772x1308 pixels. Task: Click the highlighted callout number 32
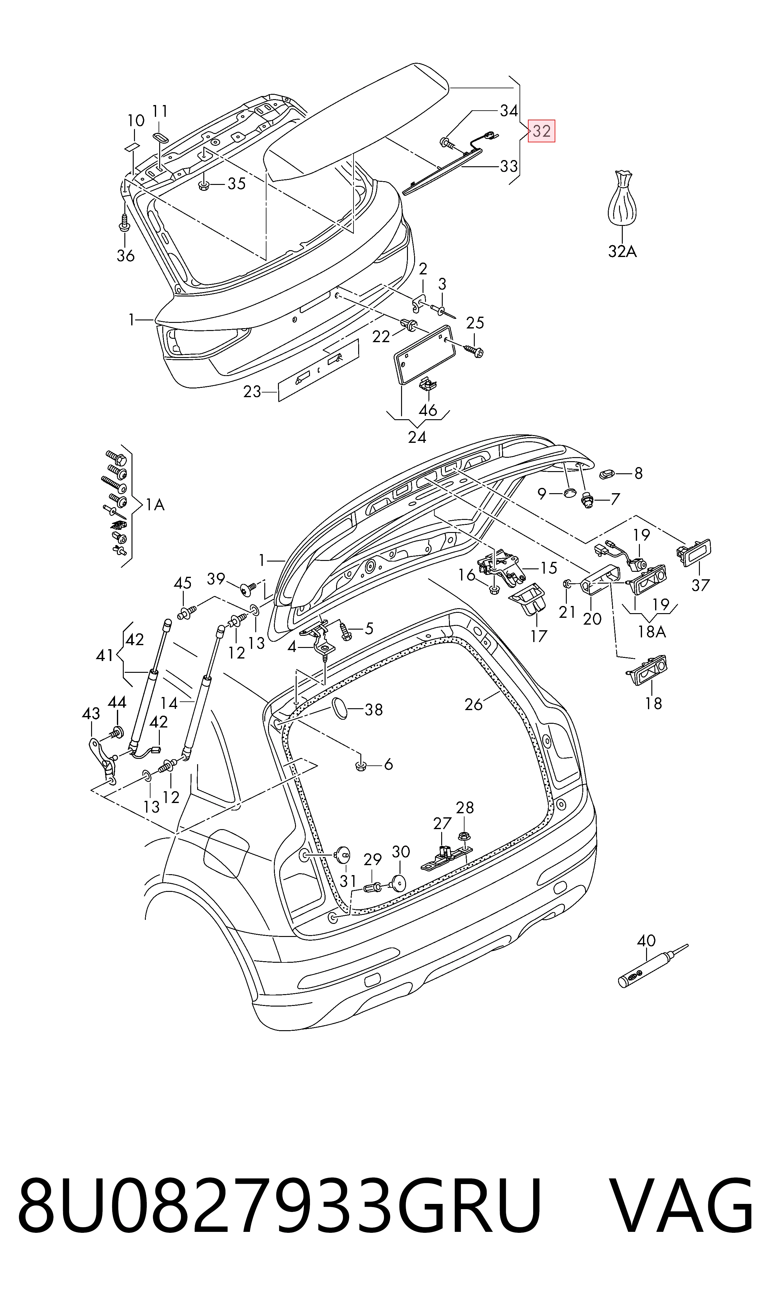tap(542, 131)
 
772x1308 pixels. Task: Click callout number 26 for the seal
tap(474, 704)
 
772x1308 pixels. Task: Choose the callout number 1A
tap(155, 504)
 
